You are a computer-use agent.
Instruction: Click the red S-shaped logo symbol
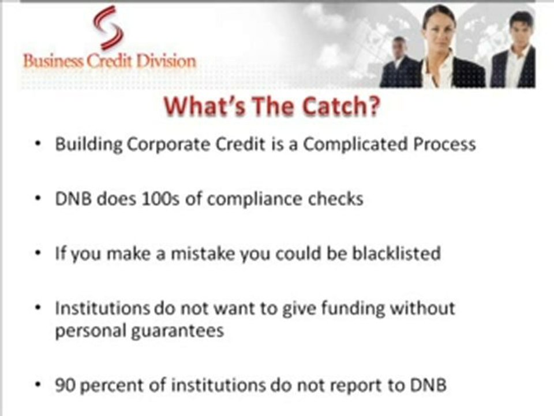pos(108,28)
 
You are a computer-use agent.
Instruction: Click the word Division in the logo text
pos(166,61)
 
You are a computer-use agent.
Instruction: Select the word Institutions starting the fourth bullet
pos(103,308)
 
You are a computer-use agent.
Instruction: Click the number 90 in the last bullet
pos(65,385)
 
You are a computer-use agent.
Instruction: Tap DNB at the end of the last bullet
pos(428,385)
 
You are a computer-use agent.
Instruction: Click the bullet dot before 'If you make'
pos(38,253)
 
